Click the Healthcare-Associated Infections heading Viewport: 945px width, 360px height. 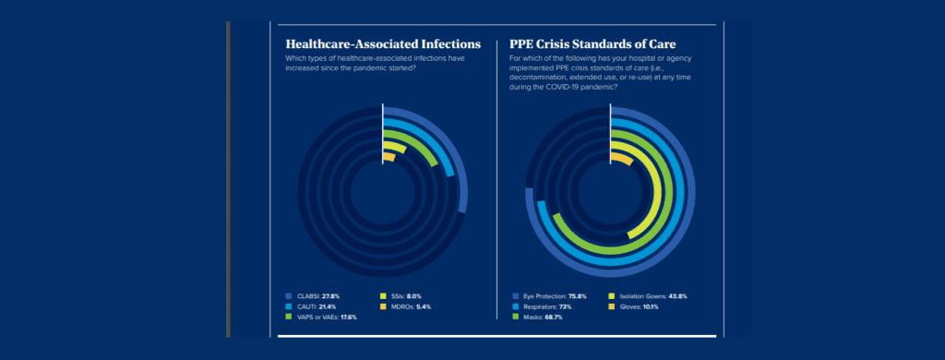click(383, 43)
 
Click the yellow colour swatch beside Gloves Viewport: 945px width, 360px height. click(611, 306)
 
